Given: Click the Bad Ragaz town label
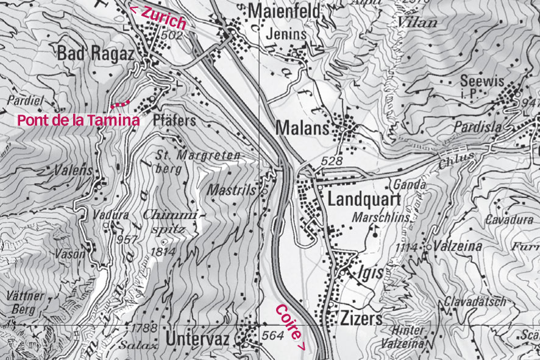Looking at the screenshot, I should (x=95, y=54).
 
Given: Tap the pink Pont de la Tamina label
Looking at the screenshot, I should (x=79, y=120).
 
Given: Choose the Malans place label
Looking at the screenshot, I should (x=302, y=129).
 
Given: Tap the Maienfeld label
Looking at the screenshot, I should (x=276, y=11).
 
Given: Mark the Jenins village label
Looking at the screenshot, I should (x=286, y=35).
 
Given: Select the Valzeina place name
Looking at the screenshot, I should (x=458, y=247).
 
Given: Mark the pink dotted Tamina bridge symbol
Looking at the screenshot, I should (x=120, y=103).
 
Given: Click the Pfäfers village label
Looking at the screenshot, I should (x=175, y=120).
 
